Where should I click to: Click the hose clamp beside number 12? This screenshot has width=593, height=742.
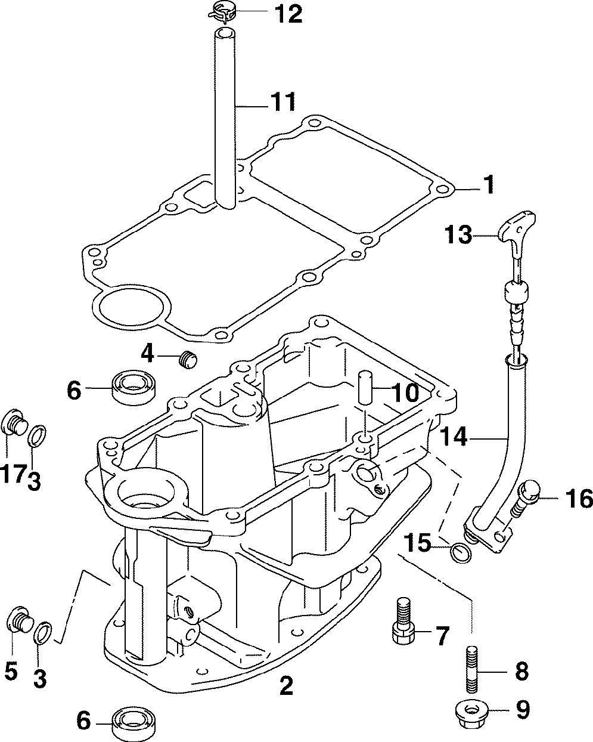pos(222,13)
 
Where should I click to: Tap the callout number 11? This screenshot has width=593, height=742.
pos(282,101)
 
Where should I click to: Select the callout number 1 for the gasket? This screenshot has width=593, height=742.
pos(489,184)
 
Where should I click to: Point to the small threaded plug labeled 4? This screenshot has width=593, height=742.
pos(188,360)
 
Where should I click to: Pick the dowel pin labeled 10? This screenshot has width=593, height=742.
pos(365,388)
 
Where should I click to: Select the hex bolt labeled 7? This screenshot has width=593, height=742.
pos(402,621)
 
